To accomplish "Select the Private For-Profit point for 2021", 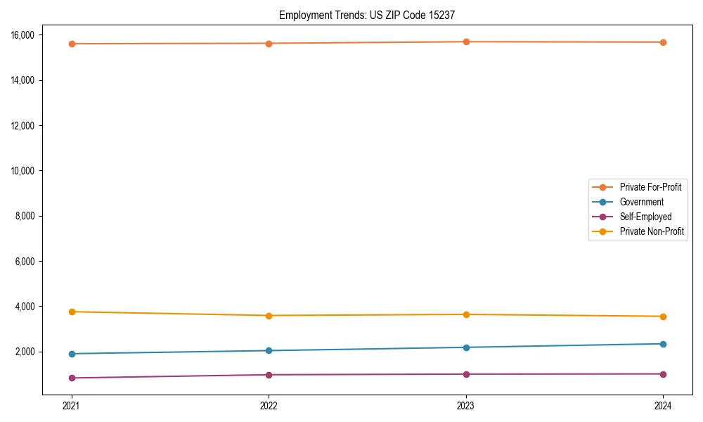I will point(72,44).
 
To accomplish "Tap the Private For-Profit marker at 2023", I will point(466,41).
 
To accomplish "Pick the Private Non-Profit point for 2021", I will point(72,312).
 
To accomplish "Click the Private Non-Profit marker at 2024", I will point(664,316).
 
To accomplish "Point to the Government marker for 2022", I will point(269,350).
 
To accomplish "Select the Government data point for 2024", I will point(664,344).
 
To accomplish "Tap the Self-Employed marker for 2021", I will point(72,378).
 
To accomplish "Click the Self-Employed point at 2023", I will point(466,374).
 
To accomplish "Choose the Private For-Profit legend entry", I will point(650,187).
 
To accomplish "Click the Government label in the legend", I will point(641,202).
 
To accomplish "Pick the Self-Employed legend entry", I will point(645,217).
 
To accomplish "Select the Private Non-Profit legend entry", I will point(652,231).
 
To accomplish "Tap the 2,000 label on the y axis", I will point(30,352).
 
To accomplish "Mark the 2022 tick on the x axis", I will point(269,406).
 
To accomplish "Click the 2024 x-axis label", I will point(664,406).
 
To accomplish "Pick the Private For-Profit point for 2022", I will point(269,44).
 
